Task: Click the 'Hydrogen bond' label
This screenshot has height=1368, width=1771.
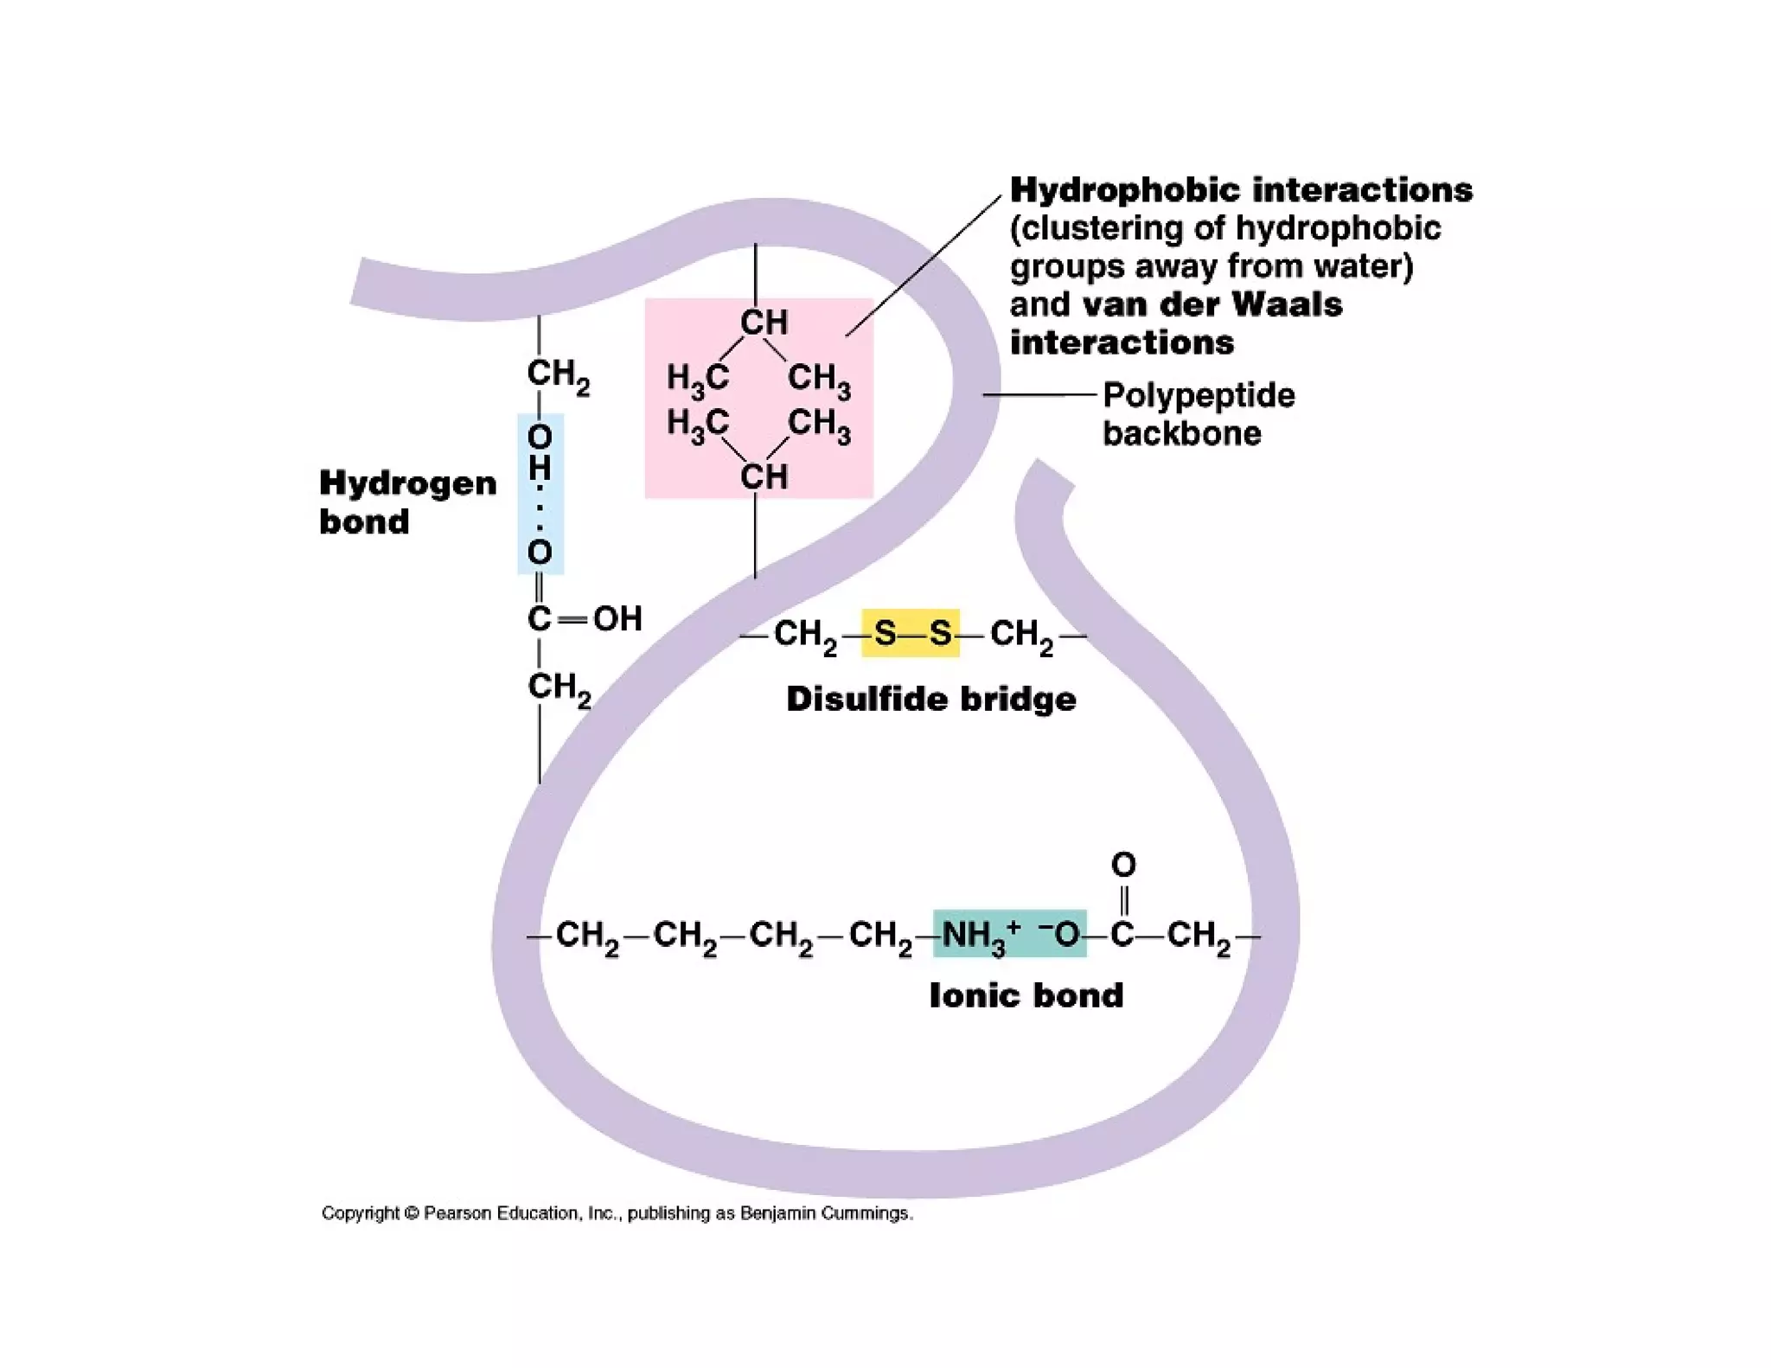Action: pos(407,502)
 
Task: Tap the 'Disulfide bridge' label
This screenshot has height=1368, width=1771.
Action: pos(930,699)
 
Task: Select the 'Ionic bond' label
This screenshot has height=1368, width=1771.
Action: pos(1026,995)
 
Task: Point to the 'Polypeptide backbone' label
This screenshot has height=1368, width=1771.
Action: pos(1198,413)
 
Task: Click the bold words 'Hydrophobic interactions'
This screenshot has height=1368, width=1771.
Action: pos(1241,189)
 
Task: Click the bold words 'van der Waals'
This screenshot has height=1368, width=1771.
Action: pos(1212,304)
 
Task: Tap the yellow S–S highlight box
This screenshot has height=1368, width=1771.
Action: pos(911,633)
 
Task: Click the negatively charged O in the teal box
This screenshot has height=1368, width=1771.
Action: pos(1064,934)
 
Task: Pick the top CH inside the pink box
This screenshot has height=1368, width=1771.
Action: pos(764,323)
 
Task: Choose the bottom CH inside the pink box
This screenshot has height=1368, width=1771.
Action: pos(764,476)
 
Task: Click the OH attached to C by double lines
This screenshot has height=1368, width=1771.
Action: pos(617,618)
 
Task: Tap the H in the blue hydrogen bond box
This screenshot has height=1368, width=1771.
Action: pos(540,468)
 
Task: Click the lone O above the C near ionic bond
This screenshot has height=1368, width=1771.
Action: pos(1123,865)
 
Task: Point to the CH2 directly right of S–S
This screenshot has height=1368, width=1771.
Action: pos(1022,635)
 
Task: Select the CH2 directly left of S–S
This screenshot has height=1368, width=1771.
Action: pos(805,635)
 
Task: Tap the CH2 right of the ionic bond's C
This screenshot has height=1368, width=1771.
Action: pos(1199,937)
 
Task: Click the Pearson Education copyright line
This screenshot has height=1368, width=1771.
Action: pos(617,1213)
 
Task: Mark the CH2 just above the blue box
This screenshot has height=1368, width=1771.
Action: pos(558,375)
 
